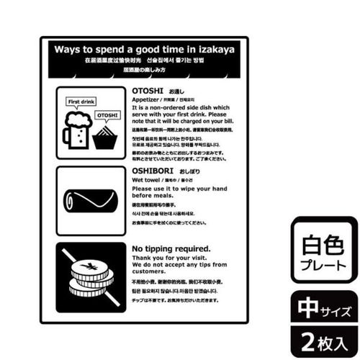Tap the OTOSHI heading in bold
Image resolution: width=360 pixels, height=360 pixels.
coord(148,90)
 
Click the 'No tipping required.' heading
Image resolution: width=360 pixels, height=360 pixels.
coord(171,249)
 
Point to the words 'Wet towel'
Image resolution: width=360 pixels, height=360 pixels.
coord(146,182)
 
